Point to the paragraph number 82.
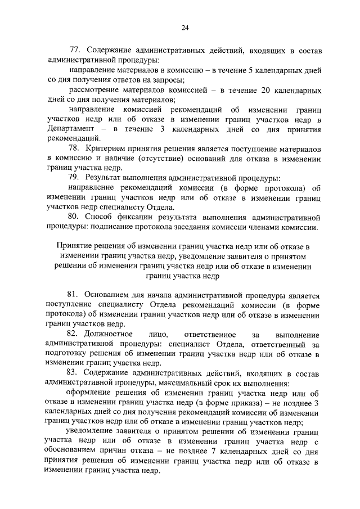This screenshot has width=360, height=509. tap(73, 335)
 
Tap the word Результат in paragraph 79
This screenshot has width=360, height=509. tap(107, 177)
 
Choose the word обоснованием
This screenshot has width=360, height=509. tap(77, 453)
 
